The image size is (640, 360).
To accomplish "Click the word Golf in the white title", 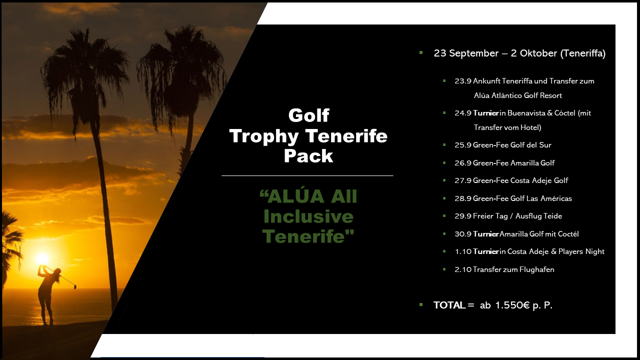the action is click(x=309, y=115).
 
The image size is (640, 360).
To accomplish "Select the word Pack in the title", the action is click(x=308, y=156).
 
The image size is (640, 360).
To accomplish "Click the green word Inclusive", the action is click(x=308, y=216).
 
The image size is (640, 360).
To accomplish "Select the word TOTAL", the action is click(x=449, y=305).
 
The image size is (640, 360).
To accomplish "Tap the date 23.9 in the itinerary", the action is click(x=463, y=81).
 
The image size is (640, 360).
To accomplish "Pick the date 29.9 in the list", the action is click(x=463, y=216).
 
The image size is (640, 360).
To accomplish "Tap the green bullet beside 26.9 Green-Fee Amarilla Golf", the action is click(x=444, y=163).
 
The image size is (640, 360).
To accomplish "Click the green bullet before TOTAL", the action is click(x=421, y=304).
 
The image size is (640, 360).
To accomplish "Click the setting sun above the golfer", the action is click(x=42, y=258).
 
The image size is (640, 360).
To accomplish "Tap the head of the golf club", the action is click(x=75, y=286).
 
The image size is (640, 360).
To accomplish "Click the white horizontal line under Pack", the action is click(x=307, y=175).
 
